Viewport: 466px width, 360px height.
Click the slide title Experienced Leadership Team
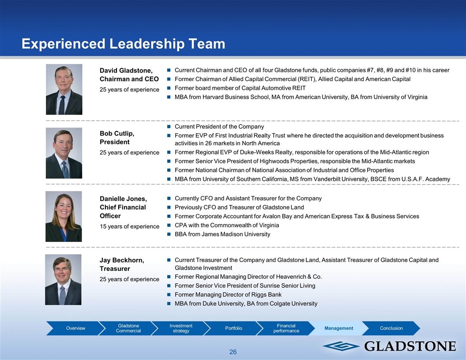[123, 44]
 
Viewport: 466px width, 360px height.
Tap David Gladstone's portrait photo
[64, 90]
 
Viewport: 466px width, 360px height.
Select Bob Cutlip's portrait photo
[64, 153]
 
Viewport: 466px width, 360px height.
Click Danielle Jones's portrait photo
[64, 216]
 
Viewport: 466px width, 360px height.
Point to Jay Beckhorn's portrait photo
[63, 280]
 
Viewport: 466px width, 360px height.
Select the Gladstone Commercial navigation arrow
[128, 328]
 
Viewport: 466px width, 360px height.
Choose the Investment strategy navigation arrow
[181, 328]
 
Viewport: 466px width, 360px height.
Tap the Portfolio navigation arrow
[233, 328]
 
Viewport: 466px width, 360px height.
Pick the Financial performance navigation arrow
[286, 328]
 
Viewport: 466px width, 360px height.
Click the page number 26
[233, 352]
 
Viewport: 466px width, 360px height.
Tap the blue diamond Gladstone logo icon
[341, 346]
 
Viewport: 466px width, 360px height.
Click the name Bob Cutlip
[117, 134]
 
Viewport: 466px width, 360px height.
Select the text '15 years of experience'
[130, 226]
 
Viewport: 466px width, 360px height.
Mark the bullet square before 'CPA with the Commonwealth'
[169, 225]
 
